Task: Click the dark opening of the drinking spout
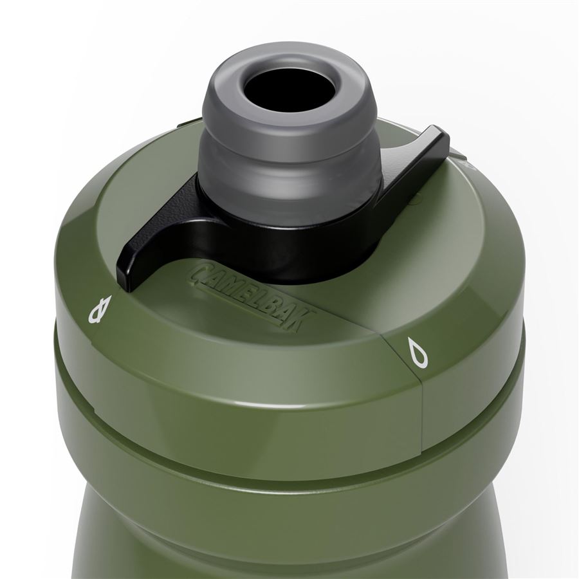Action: point(303,86)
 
